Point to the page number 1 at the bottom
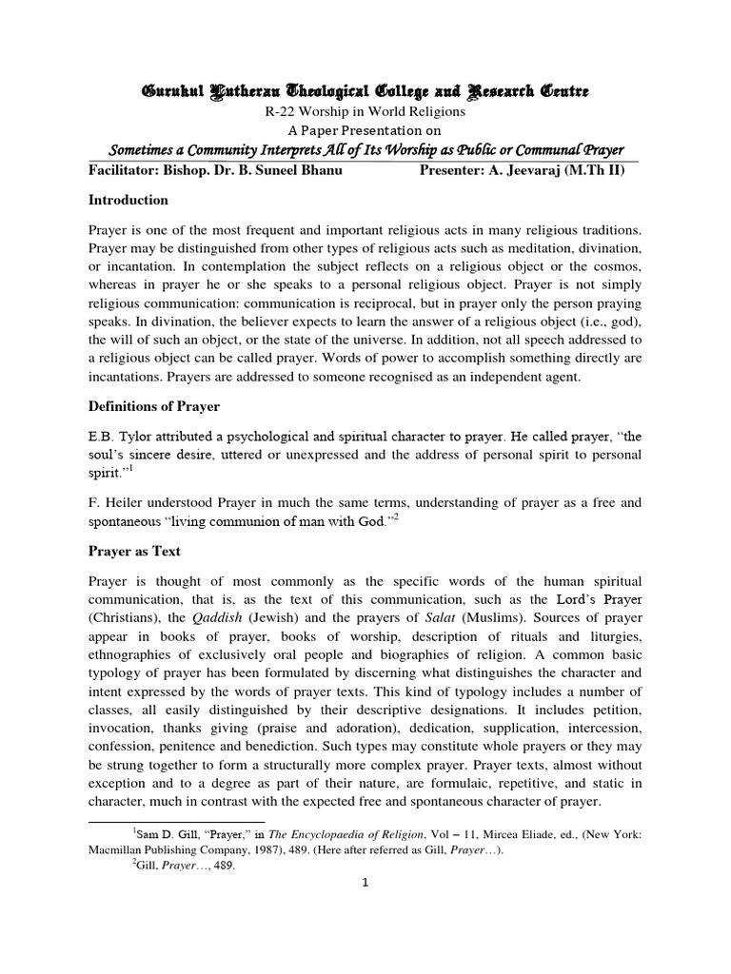click(365, 882)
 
